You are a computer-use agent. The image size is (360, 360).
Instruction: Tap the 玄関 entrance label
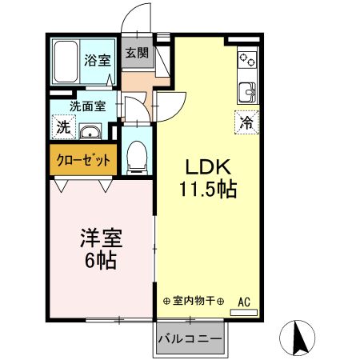click(136, 54)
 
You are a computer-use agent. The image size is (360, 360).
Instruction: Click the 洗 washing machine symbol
click(62, 126)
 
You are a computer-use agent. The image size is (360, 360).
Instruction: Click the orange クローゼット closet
click(84, 159)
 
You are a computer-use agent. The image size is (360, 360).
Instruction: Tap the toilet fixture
click(138, 156)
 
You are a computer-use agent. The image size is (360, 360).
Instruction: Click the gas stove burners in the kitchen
click(246, 59)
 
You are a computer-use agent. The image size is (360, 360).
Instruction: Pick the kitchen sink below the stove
click(246, 90)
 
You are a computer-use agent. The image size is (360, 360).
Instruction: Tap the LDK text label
click(209, 168)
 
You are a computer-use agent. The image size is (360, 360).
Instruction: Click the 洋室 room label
click(98, 238)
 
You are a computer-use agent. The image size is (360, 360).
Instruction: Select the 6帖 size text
click(98, 261)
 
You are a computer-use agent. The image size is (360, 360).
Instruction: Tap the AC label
click(245, 302)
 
